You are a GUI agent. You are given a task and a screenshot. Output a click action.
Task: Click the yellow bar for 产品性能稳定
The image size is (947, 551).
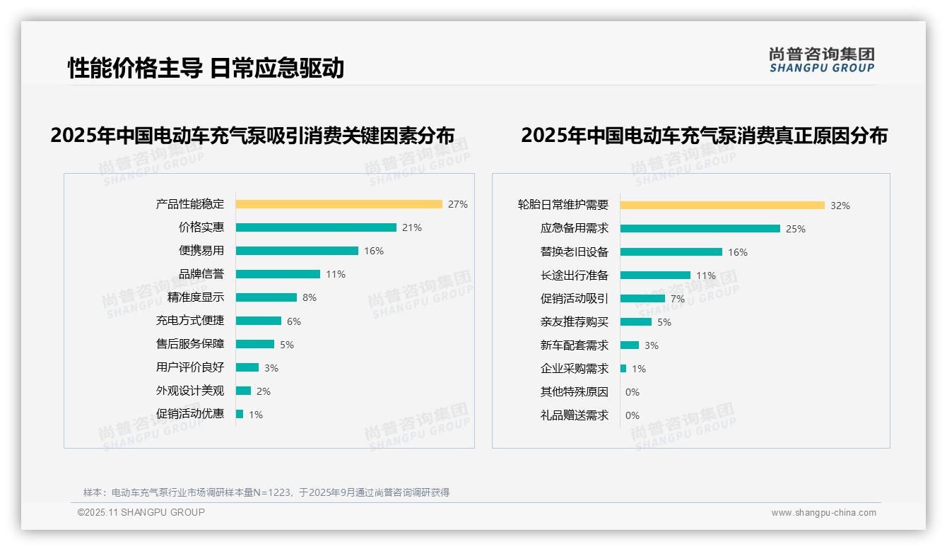point(339,204)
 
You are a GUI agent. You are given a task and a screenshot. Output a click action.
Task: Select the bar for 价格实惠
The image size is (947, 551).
point(316,227)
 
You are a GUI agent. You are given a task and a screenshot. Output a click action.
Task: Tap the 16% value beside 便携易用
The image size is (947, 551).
point(374,251)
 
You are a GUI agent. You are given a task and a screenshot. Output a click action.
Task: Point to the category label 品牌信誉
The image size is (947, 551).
point(201,274)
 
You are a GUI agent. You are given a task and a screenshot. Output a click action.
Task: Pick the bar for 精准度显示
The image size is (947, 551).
point(266,297)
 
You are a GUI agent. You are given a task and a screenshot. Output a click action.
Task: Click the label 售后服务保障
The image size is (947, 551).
point(190,344)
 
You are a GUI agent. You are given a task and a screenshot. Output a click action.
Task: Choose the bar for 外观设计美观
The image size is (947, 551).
point(243,391)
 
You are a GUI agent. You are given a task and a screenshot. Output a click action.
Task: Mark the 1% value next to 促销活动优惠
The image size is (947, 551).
point(255,415)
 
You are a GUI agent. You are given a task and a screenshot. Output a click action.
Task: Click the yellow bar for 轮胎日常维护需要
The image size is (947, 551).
point(722,206)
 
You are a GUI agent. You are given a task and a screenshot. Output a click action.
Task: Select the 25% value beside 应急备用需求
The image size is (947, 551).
point(796,229)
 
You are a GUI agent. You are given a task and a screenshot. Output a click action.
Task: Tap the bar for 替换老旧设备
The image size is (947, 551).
point(671,252)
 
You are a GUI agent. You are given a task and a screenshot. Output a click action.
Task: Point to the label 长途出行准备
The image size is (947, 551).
point(575,275)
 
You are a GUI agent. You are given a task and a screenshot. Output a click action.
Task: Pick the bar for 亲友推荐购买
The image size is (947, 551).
point(636,322)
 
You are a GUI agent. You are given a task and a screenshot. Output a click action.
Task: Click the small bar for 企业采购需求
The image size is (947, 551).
point(623,369)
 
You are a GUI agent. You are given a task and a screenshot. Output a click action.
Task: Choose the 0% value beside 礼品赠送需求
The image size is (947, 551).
point(633,415)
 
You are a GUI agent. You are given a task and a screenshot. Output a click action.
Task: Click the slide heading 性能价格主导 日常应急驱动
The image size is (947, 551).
point(206,68)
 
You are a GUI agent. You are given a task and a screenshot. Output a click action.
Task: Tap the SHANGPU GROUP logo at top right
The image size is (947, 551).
point(822,60)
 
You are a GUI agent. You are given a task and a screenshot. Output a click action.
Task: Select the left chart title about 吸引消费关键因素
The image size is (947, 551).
point(252,135)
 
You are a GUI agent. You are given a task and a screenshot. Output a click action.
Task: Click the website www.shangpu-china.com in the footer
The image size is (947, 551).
point(823,513)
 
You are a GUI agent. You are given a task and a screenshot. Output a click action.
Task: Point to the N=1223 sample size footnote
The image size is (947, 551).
point(266,492)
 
